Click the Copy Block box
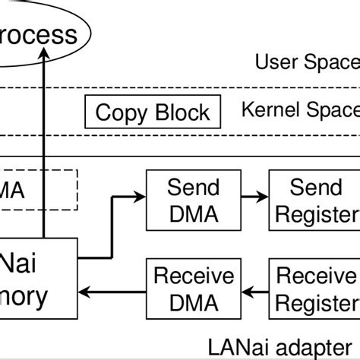coord(153,113)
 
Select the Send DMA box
coord(193,201)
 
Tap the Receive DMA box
coord(185,289)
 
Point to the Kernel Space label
coord(300,111)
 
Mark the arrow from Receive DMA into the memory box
coord(113,289)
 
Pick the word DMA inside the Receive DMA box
coord(185,303)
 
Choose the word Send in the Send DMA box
coord(193,188)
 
